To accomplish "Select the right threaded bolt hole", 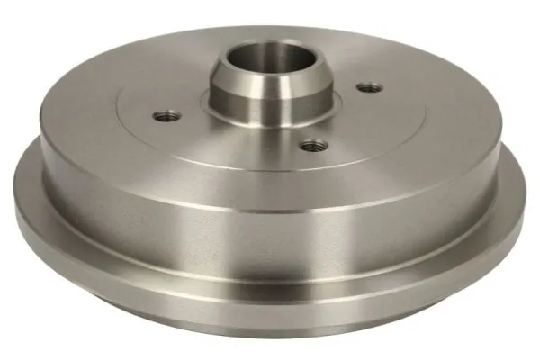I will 367,87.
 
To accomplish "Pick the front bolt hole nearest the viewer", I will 312,143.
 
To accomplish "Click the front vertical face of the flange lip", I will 270,319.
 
